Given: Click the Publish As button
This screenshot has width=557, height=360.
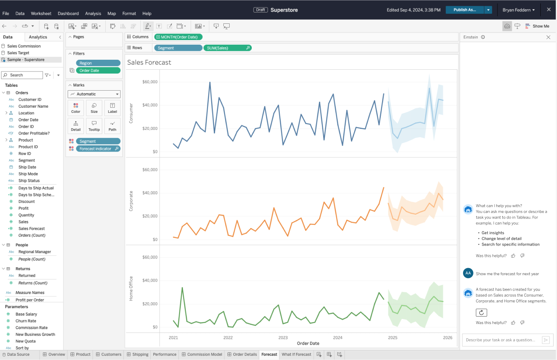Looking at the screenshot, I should (464, 10).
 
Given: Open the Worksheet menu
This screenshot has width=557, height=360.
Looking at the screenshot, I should (41, 13).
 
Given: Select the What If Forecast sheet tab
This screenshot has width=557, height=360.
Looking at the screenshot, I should (296, 355).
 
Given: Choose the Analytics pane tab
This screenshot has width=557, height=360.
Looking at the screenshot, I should (38, 37).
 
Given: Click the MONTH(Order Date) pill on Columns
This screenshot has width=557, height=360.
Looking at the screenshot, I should (178, 37).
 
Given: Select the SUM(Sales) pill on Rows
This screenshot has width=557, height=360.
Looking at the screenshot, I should (228, 48).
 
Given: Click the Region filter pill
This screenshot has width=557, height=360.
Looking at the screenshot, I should (98, 63).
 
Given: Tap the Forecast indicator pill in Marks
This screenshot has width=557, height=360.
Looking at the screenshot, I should (98, 149).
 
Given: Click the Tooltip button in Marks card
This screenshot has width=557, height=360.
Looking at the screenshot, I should (94, 126).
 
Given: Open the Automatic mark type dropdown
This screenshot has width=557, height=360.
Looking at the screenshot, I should (94, 94).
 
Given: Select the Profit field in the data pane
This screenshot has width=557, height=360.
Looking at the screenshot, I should (23, 208).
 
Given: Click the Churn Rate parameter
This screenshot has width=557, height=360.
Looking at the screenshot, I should (26, 321).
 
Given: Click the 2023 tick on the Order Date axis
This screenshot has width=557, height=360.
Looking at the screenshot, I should (283, 337).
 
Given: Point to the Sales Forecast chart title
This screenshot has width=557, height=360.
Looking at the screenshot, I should (149, 63).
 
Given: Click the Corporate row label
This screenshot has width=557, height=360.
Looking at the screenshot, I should (131, 201).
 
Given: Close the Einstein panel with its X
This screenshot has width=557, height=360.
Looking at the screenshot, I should (548, 37).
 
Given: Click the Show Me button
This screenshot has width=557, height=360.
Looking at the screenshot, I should (537, 26).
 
